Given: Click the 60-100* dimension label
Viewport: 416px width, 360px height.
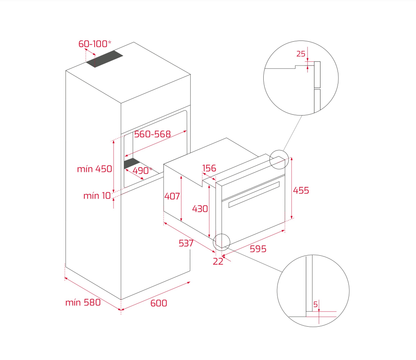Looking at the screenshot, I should click(95, 44).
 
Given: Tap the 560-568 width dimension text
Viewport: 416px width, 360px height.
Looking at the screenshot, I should click(152, 134).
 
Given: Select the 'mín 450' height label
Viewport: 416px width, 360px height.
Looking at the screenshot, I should click(94, 169).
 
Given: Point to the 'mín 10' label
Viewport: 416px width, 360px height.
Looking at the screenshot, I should click(97, 196).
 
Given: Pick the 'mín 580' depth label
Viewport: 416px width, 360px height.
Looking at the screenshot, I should click(83, 303).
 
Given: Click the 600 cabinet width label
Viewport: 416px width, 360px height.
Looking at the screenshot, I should click(159, 303).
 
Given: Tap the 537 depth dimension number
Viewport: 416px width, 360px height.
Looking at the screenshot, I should click(186, 243).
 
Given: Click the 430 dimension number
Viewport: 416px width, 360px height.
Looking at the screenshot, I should click(200, 209).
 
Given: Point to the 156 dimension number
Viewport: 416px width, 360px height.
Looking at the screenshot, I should click(209, 168).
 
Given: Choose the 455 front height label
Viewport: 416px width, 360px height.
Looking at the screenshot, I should click(301, 190).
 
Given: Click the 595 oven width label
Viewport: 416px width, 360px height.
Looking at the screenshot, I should click(258, 249).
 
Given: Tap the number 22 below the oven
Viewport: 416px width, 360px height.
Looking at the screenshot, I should click(218, 262).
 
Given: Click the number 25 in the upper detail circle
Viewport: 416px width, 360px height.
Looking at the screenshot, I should click(300, 54).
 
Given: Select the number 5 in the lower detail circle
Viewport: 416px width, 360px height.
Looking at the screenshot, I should click(315, 305).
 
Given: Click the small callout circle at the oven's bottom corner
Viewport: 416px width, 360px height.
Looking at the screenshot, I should click(222, 242).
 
